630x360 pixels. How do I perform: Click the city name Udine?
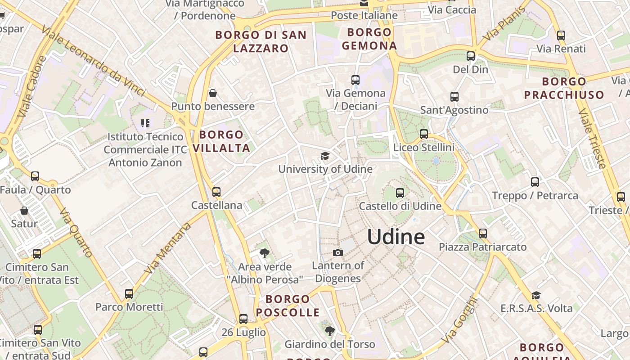pyautogui.click(x=396, y=237)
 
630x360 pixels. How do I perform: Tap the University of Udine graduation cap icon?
pyautogui.click(x=324, y=156)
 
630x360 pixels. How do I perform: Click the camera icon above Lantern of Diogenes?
pyautogui.click(x=337, y=252)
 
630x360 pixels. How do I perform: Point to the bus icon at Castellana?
pyautogui.click(x=216, y=192)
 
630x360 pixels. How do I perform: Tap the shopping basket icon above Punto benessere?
pyautogui.click(x=213, y=93)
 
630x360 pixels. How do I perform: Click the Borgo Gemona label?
pyautogui.click(x=369, y=39)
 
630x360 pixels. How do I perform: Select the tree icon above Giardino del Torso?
pyautogui.click(x=329, y=331)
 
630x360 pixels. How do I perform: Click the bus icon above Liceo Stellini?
pyautogui.click(x=423, y=134)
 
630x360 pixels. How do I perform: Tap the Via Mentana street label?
pyautogui.click(x=167, y=248)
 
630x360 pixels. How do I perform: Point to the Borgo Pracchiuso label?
pyautogui.click(x=564, y=88)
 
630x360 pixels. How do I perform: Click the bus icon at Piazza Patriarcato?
pyautogui.click(x=483, y=234)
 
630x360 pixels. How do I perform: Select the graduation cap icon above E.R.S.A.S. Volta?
pyautogui.click(x=536, y=295)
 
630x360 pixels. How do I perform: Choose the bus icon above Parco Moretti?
pyautogui.click(x=129, y=294)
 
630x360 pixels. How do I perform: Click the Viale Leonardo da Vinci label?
pyautogui.click(x=94, y=60)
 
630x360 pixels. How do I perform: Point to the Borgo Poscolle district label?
pyautogui.click(x=288, y=306)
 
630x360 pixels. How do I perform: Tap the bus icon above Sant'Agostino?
pyautogui.click(x=454, y=97)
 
